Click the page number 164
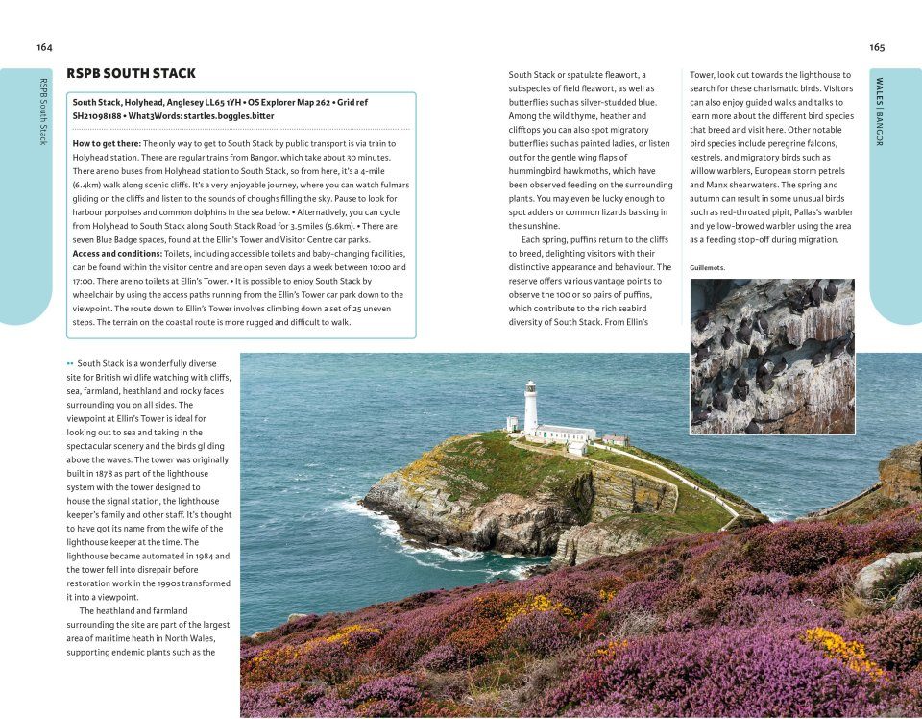[x=44, y=47]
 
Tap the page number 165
[x=877, y=47]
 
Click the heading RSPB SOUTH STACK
[x=131, y=73]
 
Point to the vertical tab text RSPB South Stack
[x=42, y=111]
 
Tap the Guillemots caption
[x=708, y=267]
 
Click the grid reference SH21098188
[x=104, y=115]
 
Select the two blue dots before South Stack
[x=70, y=363]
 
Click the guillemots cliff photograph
[x=771, y=356]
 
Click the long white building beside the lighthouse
[x=566, y=433]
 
